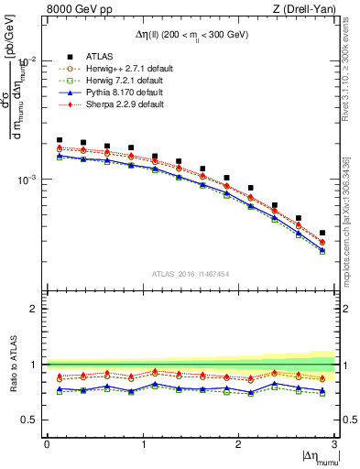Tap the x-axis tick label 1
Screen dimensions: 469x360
point(142,444)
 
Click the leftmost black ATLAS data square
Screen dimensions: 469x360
point(60,140)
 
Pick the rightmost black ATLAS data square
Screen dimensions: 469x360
point(322,233)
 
